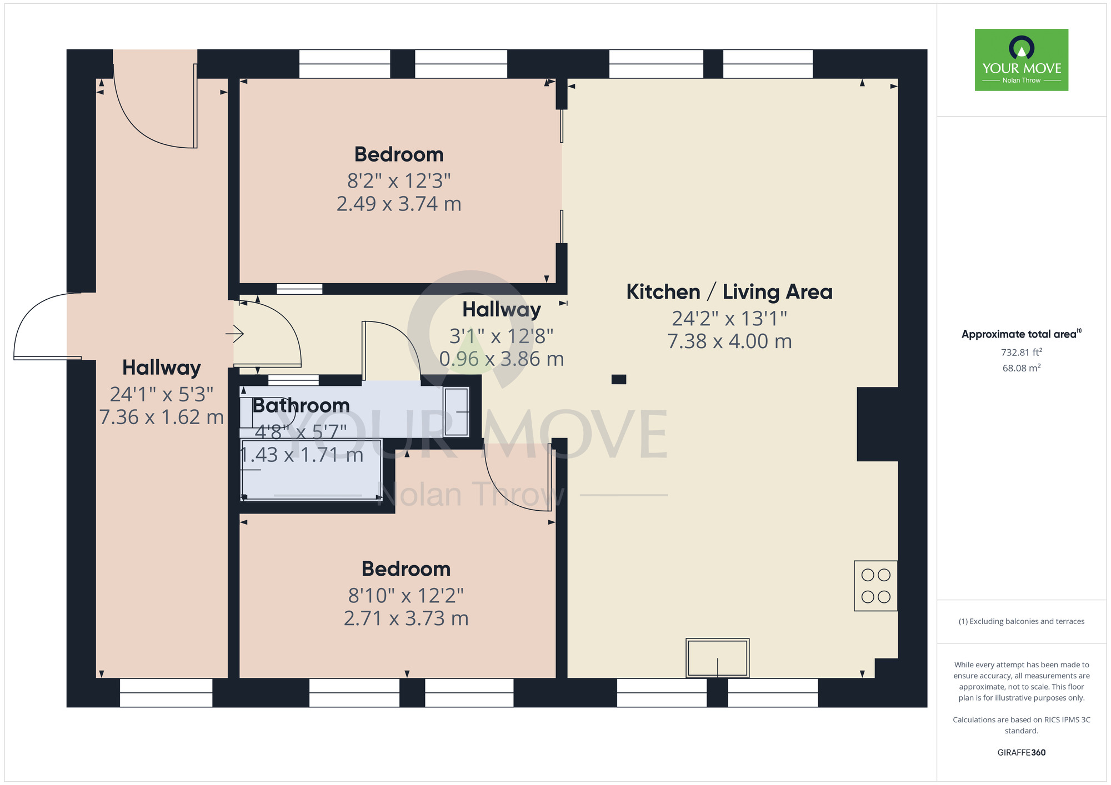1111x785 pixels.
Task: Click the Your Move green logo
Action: (x=1021, y=60)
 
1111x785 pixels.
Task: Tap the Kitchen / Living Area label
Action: (x=729, y=292)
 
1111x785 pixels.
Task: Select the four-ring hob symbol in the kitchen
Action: (x=875, y=586)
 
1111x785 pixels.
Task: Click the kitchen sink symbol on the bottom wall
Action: (x=717, y=658)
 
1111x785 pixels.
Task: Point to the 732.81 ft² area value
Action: (x=1021, y=353)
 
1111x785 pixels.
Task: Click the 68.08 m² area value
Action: (x=1021, y=368)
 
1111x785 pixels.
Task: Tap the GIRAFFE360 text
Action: (x=1021, y=753)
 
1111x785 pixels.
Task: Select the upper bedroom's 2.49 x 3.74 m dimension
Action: (x=399, y=204)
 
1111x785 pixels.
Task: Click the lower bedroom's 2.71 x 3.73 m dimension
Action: (x=406, y=618)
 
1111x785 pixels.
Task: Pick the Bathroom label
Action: (x=301, y=406)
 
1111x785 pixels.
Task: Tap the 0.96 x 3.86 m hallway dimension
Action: (x=501, y=359)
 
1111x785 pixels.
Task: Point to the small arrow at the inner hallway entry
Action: (x=235, y=334)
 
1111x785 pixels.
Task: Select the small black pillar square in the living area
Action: (x=619, y=380)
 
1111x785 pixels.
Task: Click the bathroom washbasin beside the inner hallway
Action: (x=456, y=411)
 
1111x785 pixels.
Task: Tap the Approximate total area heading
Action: (x=1021, y=334)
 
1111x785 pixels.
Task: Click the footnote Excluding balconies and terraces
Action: (x=1021, y=621)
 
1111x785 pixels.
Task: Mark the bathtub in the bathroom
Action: (x=311, y=470)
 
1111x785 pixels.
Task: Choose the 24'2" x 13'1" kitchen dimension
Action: (x=729, y=319)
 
